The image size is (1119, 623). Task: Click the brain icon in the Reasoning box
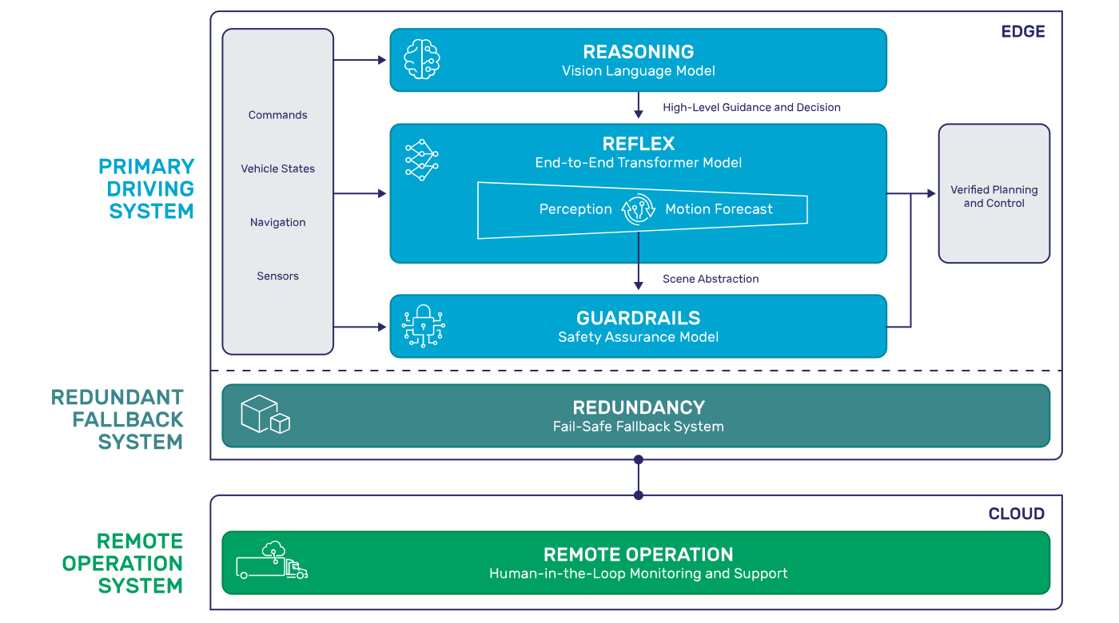pyautogui.click(x=422, y=60)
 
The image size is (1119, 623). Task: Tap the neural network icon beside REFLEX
pyautogui.click(x=422, y=159)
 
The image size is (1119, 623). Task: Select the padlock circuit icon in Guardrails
pyautogui.click(x=423, y=326)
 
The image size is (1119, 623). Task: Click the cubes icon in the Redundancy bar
pyautogui.click(x=265, y=415)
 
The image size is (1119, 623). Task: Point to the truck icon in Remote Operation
pyautogui.click(x=272, y=561)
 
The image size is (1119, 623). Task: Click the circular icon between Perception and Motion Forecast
pyautogui.click(x=639, y=209)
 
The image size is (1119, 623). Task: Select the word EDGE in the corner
pyautogui.click(x=1023, y=32)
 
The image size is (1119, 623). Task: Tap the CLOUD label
pyautogui.click(x=1016, y=514)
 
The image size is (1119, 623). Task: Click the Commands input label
pyautogui.click(x=277, y=115)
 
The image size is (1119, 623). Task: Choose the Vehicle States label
pyautogui.click(x=277, y=169)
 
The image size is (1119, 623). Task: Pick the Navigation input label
pyautogui.click(x=277, y=222)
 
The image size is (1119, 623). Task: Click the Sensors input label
pyautogui.click(x=277, y=276)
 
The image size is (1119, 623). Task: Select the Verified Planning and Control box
pyautogui.click(x=994, y=194)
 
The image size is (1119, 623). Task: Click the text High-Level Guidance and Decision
pyautogui.click(x=751, y=107)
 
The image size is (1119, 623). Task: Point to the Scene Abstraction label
pyautogui.click(x=711, y=279)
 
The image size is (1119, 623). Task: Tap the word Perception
pyautogui.click(x=575, y=209)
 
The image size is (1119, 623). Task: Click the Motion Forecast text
pyautogui.click(x=719, y=209)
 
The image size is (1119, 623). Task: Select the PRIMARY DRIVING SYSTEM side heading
pyautogui.click(x=146, y=188)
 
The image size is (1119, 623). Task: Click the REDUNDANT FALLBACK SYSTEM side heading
pyautogui.click(x=117, y=419)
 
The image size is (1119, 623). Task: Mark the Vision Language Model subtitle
pyautogui.click(x=638, y=71)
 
